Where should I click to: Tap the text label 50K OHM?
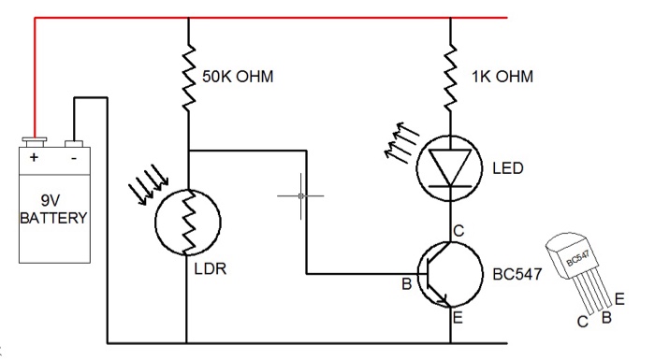click(238, 76)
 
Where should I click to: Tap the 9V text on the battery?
click(54, 201)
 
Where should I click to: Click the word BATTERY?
click(54, 219)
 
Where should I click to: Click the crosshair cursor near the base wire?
click(300, 195)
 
